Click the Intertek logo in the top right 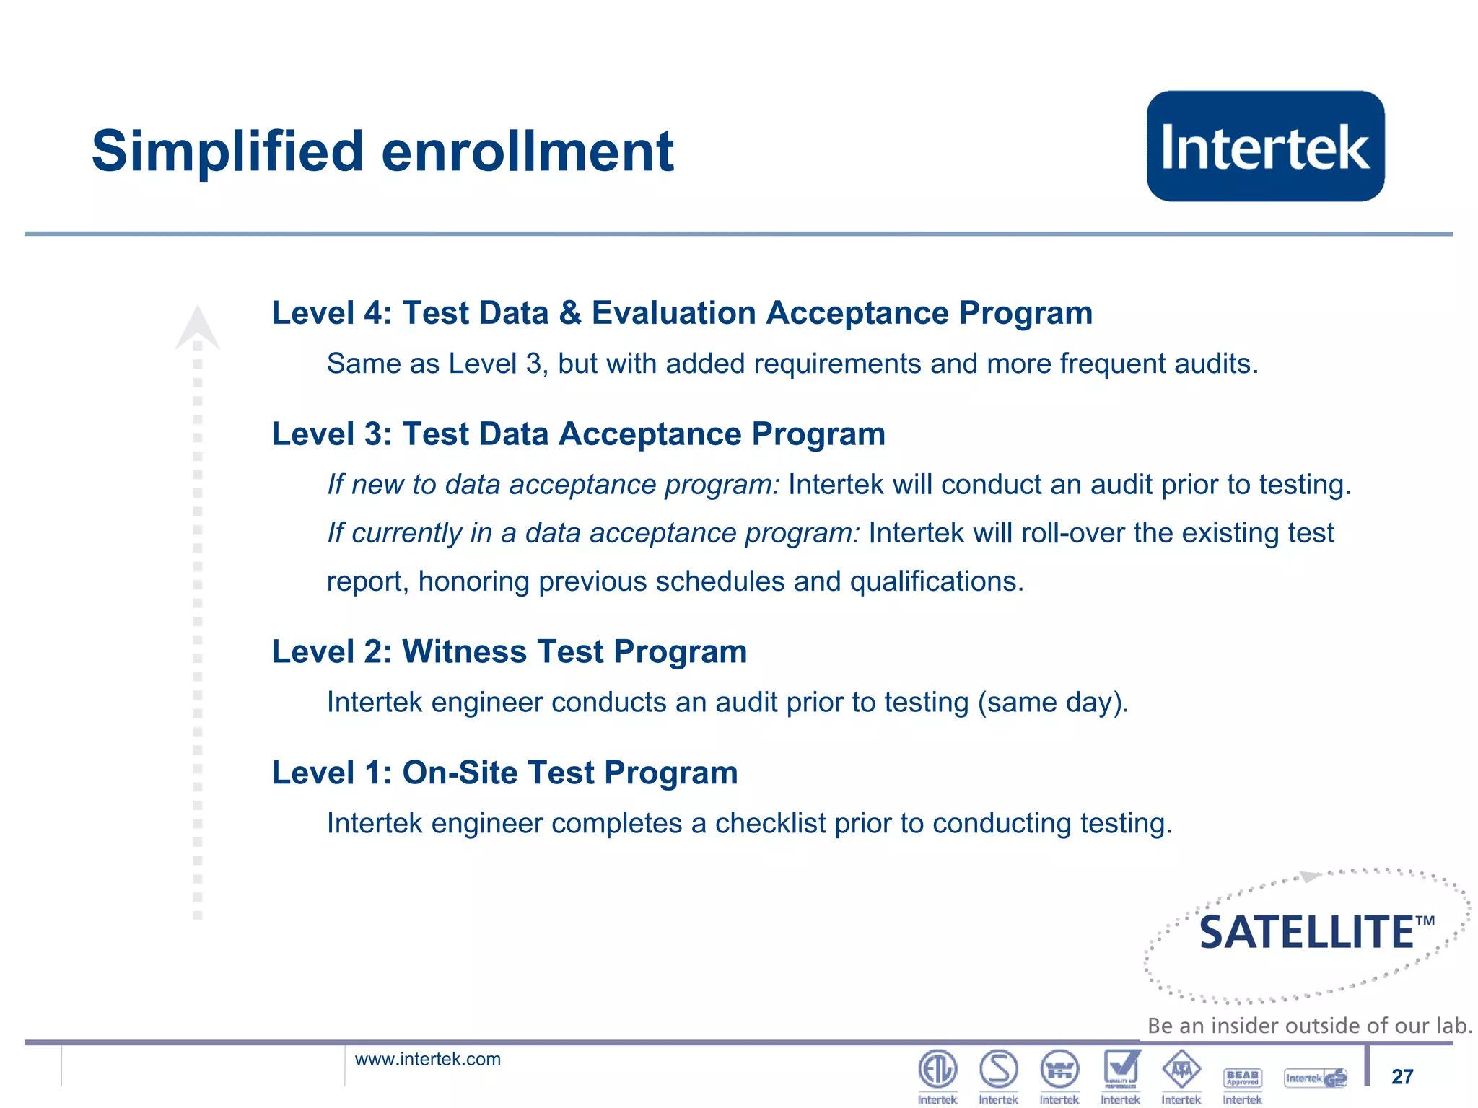click(x=1265, y=146)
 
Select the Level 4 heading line click(x=681, y=313)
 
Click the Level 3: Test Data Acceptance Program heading click(x=578, y=434)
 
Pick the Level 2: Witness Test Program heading click(x=509, y=652)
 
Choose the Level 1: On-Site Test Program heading click(x=504, y=773)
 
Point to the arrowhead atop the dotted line click(x=197, y=328)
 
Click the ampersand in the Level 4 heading click(x=570, y=313)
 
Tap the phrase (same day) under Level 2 click(x=1053, y=703)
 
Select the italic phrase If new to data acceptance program click(x=553, y=485)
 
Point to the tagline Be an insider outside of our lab click(x=1309, y=1025)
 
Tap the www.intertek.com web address click(x=427, y=1059)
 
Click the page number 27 click(x=1402, y=1076)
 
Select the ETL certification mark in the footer click(x=937, y=1070)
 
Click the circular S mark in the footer click(x=998, y=1070)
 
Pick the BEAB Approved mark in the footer click(x=1242, y=1078)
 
